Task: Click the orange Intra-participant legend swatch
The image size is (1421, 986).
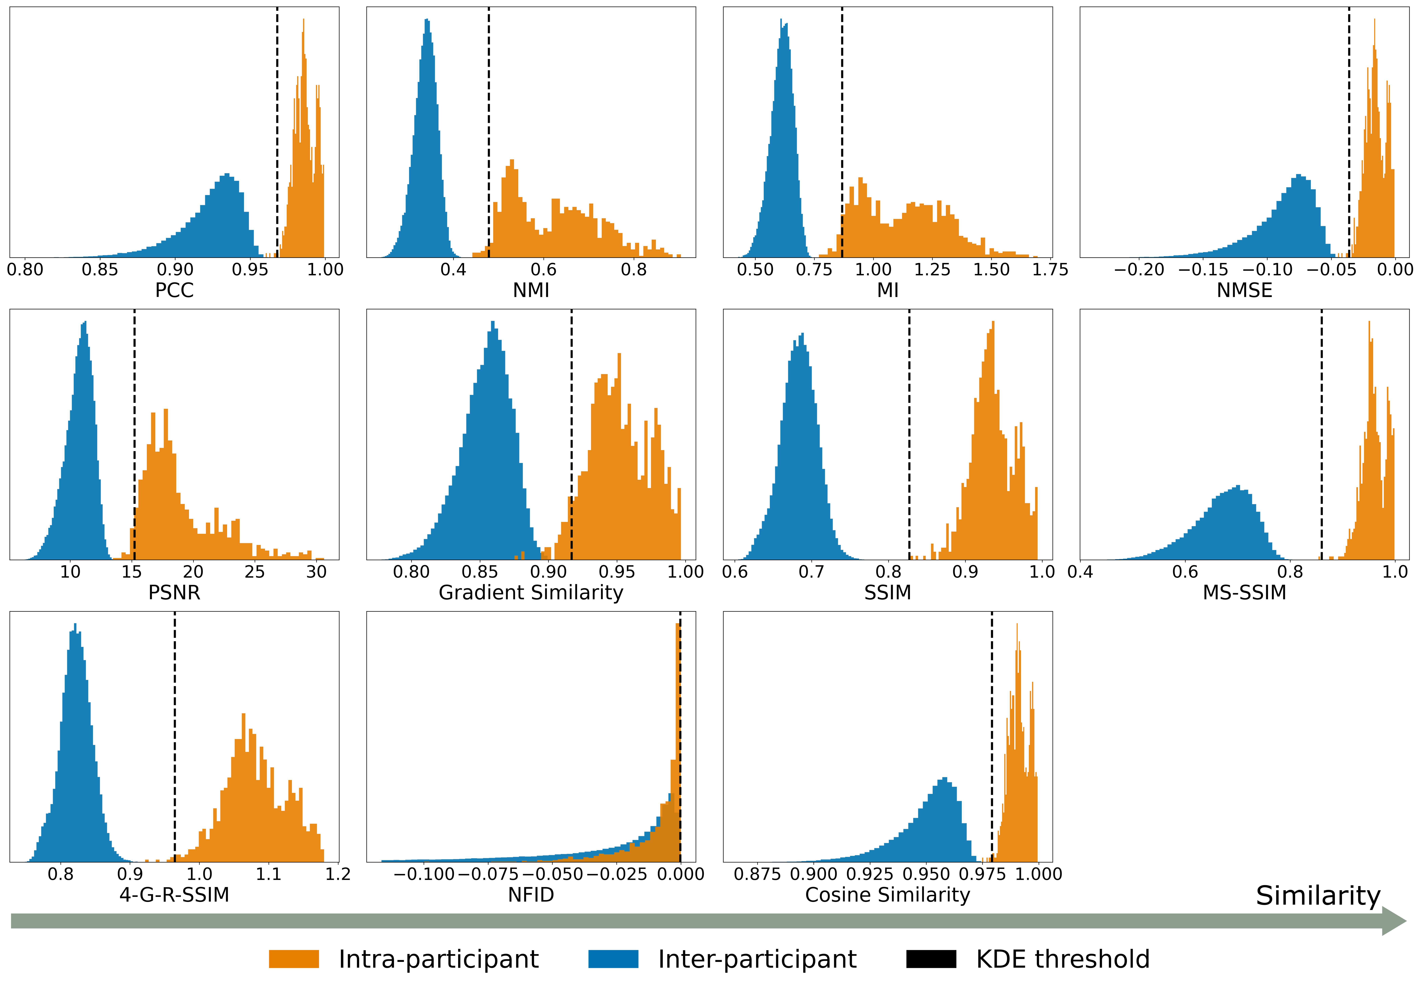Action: [x=294, y=959]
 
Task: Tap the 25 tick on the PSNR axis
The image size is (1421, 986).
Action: [x=254, y=571]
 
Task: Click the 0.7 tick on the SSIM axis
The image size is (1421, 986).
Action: [x=811, y=571]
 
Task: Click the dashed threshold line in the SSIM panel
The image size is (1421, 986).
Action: [x=909, y=433]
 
